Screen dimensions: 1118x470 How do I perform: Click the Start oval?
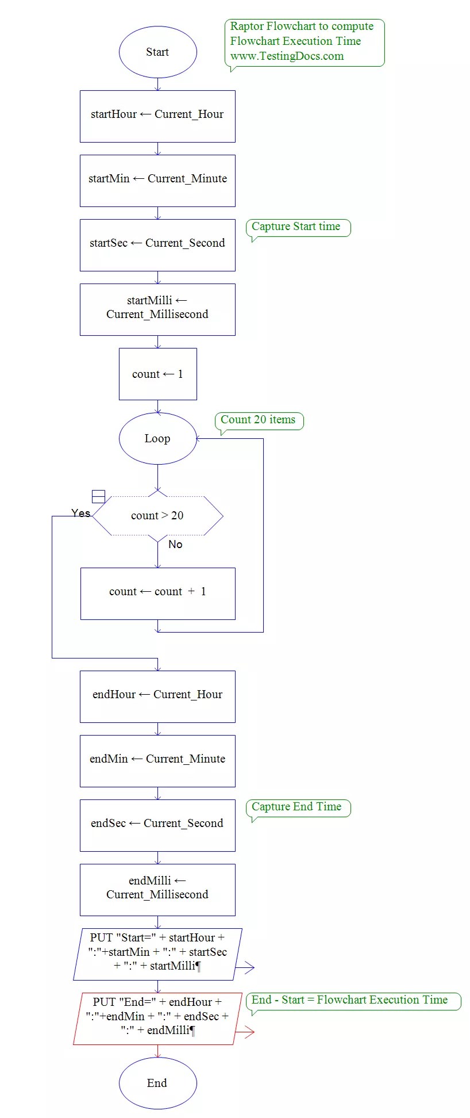(x=157, y=52)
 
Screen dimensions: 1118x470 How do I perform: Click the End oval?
(x=157, y=1083)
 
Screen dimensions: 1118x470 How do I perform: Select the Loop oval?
(x=157, y=438)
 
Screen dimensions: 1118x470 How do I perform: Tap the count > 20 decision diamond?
(x=157, y=515)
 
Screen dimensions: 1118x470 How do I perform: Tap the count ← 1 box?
(x=157, y=374)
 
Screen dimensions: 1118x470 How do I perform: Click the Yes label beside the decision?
(x=81, y=513)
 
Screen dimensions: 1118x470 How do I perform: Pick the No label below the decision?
(x=175, y=544)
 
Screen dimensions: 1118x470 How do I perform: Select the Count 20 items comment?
(x=258, y=420)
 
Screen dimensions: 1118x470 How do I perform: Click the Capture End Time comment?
(x=296, y=807)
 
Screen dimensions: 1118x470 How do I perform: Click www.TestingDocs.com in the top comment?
(x=287, y=56)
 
